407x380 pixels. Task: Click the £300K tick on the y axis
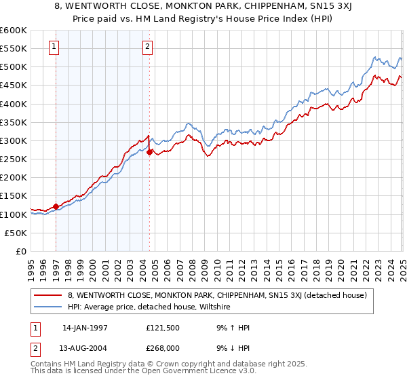pyautogui.click(x=14, y=140)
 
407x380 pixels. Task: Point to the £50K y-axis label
pyautogui.click(x=16, y=233)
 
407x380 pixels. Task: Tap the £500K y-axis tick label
pyautogui.click(x=14, y=67)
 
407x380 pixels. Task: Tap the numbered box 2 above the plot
pyautogui.click(x=147, y=47)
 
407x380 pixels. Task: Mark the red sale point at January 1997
pyautogui.click(x=56, y=206)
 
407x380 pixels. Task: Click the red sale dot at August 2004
pyautogui.click(x=149, y=153)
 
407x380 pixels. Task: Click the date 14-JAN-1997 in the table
pyautogui.click(x=85, y=328)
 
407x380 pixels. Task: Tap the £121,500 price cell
pyautogui.click(x=162, y=328)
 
